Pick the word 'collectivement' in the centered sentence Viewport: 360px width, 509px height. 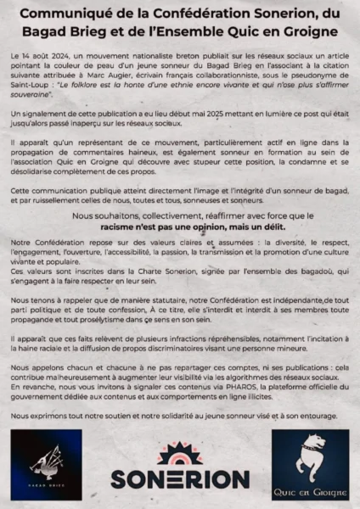pyautogui.click(x=176, y=216)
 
